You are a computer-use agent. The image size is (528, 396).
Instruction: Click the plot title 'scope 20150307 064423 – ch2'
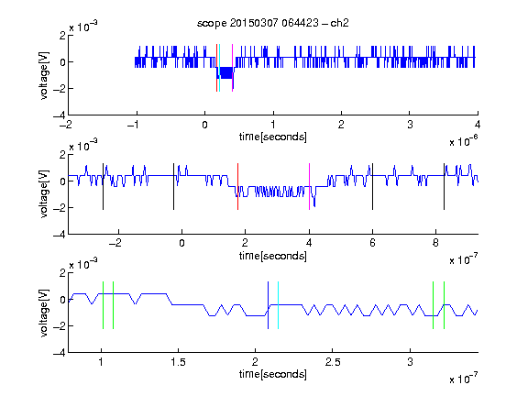273,23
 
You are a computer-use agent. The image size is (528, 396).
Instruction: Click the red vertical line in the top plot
217,68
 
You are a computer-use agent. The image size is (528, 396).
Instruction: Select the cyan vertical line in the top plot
220,68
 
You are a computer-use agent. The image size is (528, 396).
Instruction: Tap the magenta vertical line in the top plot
232,68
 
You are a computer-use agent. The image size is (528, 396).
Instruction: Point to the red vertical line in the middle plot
237,187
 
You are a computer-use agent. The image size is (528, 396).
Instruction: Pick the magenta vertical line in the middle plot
309,187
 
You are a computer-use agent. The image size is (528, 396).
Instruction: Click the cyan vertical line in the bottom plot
278,305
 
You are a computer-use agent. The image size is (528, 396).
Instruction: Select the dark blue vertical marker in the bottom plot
268,305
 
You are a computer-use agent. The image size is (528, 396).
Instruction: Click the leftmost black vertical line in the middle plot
103,187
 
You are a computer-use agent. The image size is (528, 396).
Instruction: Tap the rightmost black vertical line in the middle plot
444,187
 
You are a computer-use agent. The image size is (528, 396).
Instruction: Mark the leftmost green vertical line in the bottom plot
103,305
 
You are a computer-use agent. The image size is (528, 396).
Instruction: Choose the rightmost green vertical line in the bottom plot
445,305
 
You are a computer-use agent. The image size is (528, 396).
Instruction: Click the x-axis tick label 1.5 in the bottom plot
178,362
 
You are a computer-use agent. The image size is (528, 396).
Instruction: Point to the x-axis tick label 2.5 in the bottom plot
333,362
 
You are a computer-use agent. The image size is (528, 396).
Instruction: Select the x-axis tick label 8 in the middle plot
435,243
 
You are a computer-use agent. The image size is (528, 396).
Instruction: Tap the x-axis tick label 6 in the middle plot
372,243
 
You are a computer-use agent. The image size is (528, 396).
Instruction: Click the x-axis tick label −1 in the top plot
134,125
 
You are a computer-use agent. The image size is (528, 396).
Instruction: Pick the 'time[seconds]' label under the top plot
273,137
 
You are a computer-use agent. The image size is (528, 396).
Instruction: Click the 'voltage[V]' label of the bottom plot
44,313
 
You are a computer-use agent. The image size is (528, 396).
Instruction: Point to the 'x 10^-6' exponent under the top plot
464,141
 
